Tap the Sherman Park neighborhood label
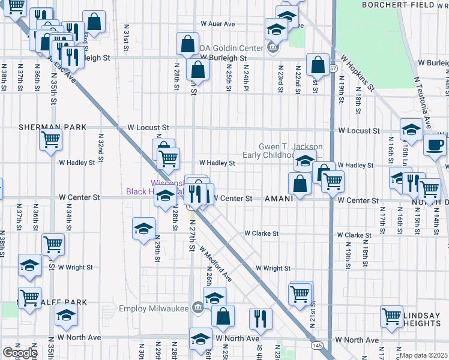[53, 128]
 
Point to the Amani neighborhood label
[279, 198]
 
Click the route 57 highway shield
[333, 69]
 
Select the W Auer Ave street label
[217, 25]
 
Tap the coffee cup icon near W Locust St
[435, 145]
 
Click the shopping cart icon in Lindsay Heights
[391, 316]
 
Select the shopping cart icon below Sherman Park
[51, 140]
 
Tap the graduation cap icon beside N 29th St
[144, 229]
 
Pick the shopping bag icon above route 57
[318, 64]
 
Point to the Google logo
[20, 353]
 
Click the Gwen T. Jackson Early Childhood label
[291, 151]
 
